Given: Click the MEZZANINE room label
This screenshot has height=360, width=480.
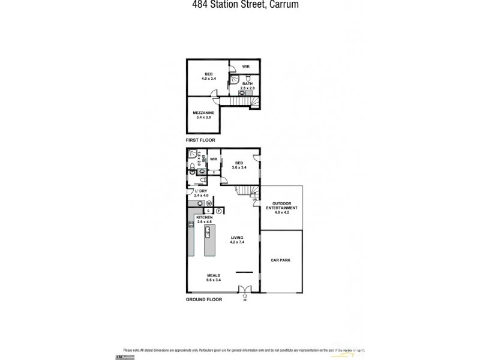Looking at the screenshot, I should point(203,112).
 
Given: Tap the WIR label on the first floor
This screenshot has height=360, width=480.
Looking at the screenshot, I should point(246,66).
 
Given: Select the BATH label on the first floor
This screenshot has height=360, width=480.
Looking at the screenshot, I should point(248,84).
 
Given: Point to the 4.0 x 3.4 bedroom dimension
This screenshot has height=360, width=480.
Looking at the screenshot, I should point(208,79).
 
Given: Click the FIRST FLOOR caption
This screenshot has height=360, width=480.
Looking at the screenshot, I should point(200,140).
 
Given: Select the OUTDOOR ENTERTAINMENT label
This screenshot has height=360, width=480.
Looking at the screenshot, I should point(281,205).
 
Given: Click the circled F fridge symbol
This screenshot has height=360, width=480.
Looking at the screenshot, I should point(219,211).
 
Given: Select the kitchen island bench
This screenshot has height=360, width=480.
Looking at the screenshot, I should point(209,240).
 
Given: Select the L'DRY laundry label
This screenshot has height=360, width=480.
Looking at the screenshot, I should point(200,191).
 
